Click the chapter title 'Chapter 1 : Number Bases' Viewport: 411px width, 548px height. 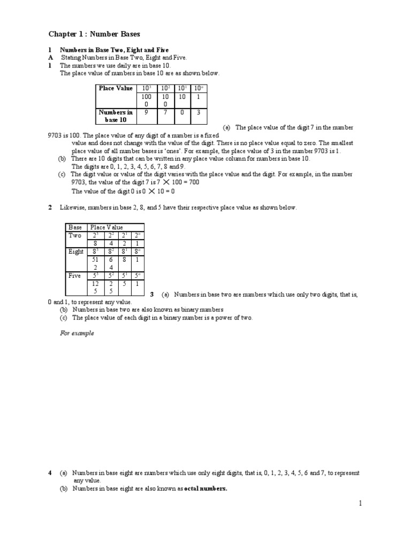tap(94, 34)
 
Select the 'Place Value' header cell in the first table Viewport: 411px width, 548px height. tap(115, 88)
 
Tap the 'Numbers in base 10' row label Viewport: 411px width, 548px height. tap(115, 116)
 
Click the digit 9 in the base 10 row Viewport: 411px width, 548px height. tap(147, 113)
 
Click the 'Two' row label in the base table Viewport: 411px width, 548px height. tap(75, 235)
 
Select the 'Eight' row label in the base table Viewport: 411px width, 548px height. tap(75, 252)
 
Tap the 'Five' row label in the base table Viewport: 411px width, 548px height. tap(74, 276)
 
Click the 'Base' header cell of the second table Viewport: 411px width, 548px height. tap(75, 227)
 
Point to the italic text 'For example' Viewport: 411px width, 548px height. tap(77, 333)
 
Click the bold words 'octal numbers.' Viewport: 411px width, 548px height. tap(205, 488)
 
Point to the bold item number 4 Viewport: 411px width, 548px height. tap(50, 473)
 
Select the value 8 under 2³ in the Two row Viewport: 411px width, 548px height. tap(96, 243)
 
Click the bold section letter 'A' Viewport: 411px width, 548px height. tap(50, 57)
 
